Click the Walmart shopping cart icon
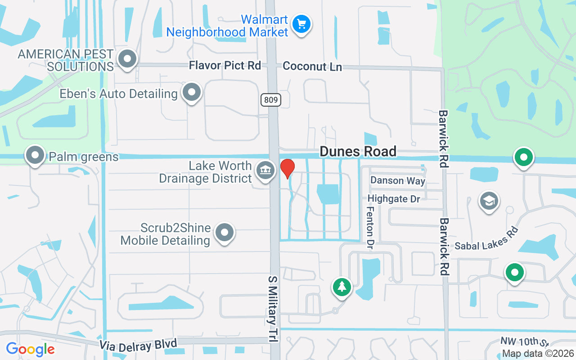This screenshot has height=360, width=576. [301, 23]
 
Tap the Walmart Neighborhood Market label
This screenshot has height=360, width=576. [227, 26]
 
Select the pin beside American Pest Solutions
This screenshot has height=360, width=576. [127, 59]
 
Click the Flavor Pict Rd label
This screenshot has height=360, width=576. [225, 66]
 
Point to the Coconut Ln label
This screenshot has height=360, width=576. [312, 67]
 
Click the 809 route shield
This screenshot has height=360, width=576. [270, 99]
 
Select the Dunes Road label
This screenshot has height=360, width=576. [358, 152]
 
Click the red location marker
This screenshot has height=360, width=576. [287, 168]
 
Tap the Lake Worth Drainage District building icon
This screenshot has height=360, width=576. [265, 170]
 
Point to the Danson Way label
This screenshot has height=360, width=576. [397, 181]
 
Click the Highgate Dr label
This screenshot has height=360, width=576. [394, 198]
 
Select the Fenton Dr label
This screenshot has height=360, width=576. [370, 227]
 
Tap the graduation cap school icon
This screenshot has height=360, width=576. [489, 201]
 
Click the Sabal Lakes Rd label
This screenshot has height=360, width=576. [486, 238]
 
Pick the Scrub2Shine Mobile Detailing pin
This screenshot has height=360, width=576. [225, 233]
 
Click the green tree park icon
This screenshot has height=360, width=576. [342, 286]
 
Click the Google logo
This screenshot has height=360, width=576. [30, 349]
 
